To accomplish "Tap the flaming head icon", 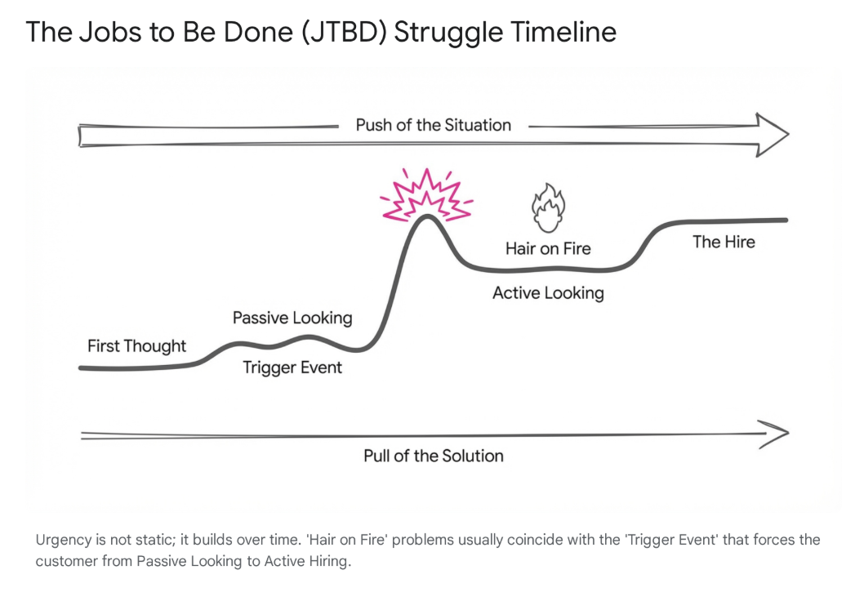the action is (548, 207).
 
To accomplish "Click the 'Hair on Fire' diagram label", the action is (547, 248).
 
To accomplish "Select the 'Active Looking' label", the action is (548, 292).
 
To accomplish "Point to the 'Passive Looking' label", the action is (292, 318).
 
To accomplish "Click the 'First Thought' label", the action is (136, 346).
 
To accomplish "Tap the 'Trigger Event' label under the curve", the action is (292, 367).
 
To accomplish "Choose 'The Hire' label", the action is (724, 242).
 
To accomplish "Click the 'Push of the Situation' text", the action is (433, 125).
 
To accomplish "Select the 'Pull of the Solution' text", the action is (433, 456).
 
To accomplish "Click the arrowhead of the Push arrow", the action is (772, 134).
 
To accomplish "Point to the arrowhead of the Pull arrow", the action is (774, 433).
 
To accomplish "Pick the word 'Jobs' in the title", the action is (98, 33).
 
